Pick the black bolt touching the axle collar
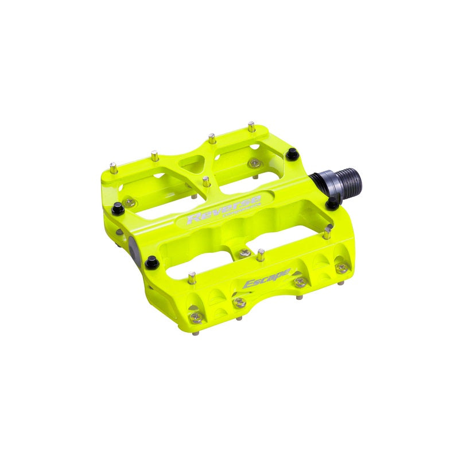click(x=332, y=202)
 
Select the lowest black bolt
click(x=152, y=263)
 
